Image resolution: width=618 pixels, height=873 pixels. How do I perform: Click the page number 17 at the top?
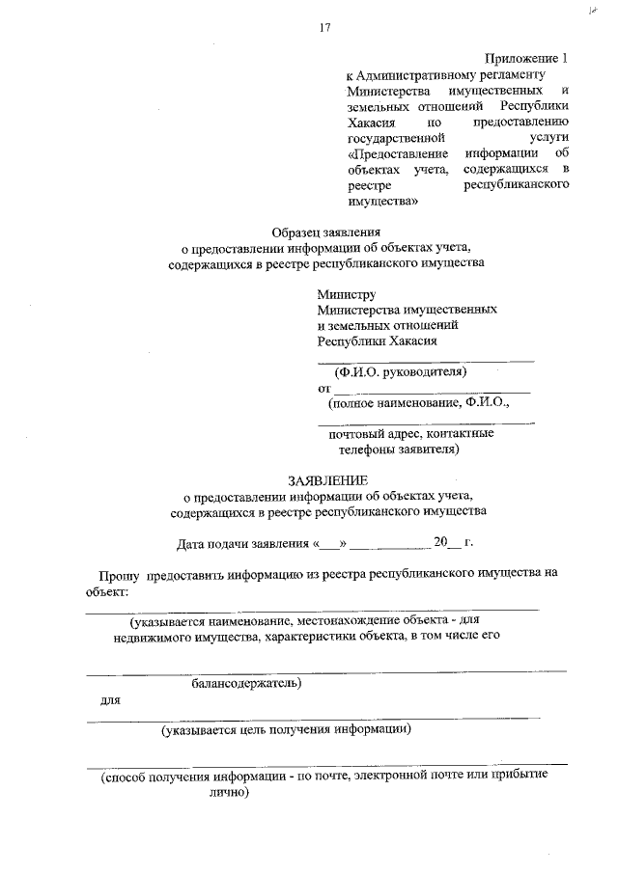pos(325,27)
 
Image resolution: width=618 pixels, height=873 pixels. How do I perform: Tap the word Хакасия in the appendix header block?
pos(370,122)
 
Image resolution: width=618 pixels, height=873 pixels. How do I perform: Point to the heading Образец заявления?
pos(325,232)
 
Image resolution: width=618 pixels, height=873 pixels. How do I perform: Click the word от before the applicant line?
pos(324,388)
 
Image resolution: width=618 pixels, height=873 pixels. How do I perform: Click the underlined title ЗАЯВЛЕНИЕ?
pos(327,479)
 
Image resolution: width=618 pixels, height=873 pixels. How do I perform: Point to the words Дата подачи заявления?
pos(236,542)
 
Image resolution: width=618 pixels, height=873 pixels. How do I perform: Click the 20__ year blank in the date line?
pos(447,542)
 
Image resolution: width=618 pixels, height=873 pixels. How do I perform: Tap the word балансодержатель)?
pos(246,684)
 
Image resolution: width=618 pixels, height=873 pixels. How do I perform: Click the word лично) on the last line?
pos(229,792)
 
